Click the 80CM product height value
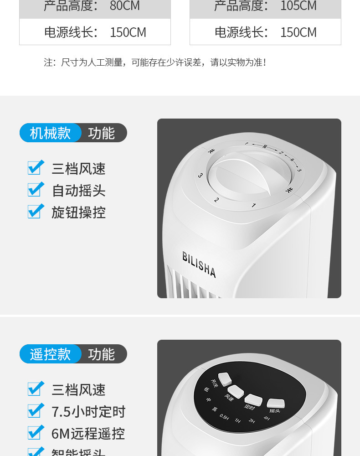coord(124,6)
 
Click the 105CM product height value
coord(298,6)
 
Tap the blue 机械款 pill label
coord(51,133)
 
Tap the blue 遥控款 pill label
coord(51,354)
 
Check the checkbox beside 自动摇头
coord(36,190)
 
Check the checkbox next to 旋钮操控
coord(36,212)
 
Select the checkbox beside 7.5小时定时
coord(36,411)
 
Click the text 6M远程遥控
coord(88,433)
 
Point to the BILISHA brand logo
coord(199,264)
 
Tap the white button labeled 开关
coord(225,378)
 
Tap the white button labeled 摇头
coord(276,403)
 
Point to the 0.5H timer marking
coord(224,416)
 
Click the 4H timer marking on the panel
coord(267,418)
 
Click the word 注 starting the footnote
coord(48,62)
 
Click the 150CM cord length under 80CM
coord(128,32)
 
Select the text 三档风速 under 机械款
coord(78,169)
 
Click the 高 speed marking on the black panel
coord(214,409)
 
